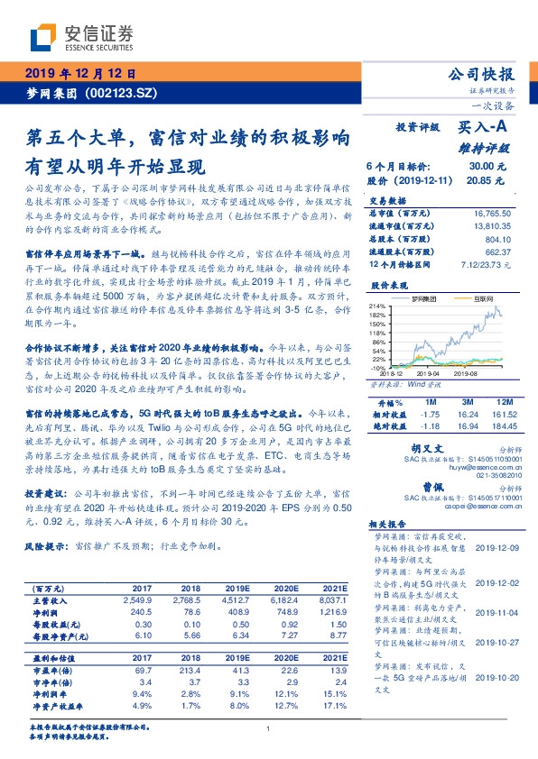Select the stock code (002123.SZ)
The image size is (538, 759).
[125, 93]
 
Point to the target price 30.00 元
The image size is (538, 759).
[480, 167]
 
